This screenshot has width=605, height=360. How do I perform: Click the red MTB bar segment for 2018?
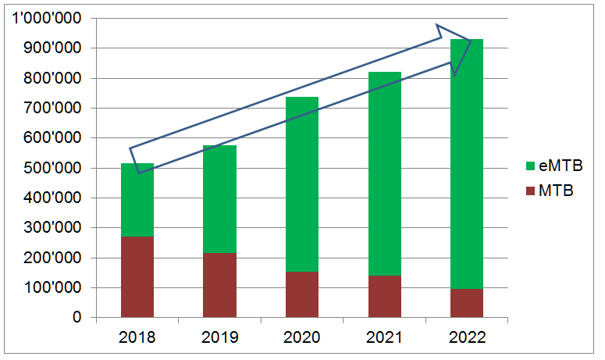[137, 276]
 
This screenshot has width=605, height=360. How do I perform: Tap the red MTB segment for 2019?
[219, 285]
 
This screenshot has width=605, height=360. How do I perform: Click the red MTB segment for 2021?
[384, 296]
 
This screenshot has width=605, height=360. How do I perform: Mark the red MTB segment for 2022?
[466, 303]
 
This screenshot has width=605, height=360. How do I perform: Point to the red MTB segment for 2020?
[301, 294]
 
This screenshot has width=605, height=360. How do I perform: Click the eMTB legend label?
[561, 166]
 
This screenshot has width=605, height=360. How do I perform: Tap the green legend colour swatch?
[531, 166]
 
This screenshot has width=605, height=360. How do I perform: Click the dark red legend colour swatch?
[531, 190]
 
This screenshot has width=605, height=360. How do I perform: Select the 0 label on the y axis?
[78, 318]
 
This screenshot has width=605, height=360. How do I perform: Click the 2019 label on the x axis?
[219, 337]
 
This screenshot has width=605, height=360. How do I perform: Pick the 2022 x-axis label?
[466, 337]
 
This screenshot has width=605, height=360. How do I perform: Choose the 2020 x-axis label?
[301, 337]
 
